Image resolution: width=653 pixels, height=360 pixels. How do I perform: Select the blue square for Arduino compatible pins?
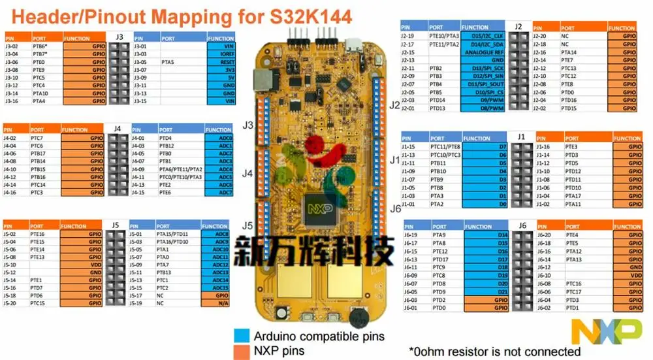click(x=241, y=336)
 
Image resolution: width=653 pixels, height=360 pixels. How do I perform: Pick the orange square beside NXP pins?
click(x=241, y=352)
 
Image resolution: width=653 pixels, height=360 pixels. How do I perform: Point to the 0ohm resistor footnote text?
click(x=495, y=352)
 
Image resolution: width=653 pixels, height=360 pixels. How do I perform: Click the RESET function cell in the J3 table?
click(x=221, y=62)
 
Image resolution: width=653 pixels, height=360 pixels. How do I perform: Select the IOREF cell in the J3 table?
click(x=221, y=54)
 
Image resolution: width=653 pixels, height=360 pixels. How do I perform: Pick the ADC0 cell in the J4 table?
click(x=219, y=138)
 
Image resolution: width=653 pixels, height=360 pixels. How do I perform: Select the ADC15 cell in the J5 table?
click(x=219, y=288)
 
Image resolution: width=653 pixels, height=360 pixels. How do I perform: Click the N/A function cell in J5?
click(x=219, y=304)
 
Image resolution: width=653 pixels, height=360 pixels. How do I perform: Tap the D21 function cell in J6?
click(x=485, y=291)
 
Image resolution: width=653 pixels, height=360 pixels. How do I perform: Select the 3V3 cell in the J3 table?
click(x=221, y=69)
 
